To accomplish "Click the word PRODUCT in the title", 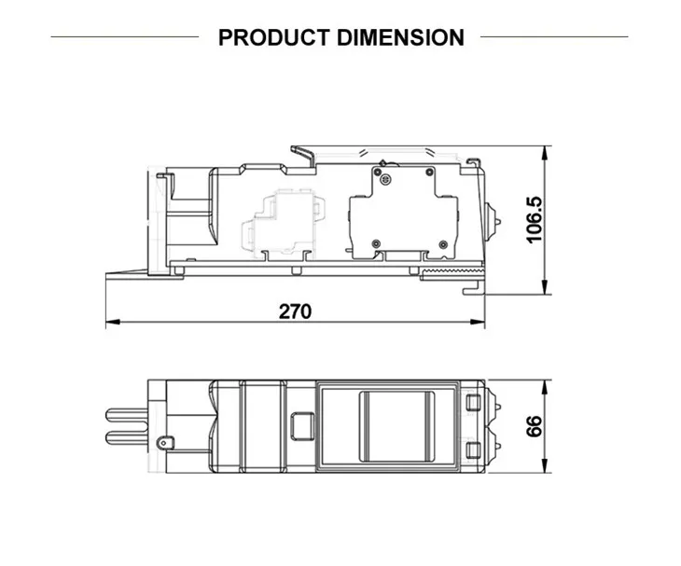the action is click(x=273, y=37).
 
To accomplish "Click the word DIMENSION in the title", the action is click(x=400, y=37).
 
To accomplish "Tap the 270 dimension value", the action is click(x=295, y=311).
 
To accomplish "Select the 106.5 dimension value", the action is click(x=535, y=220).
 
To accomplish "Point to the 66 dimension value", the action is click(x=535, y=426).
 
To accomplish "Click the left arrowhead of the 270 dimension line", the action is click(x=113, y=322).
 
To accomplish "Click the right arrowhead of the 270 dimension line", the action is click(x=478, y=322).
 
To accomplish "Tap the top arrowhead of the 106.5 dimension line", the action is click(x=545, y=153).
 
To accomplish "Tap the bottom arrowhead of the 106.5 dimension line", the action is click(x=545, y=287).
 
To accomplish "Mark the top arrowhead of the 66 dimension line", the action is click(x=545, y=388).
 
